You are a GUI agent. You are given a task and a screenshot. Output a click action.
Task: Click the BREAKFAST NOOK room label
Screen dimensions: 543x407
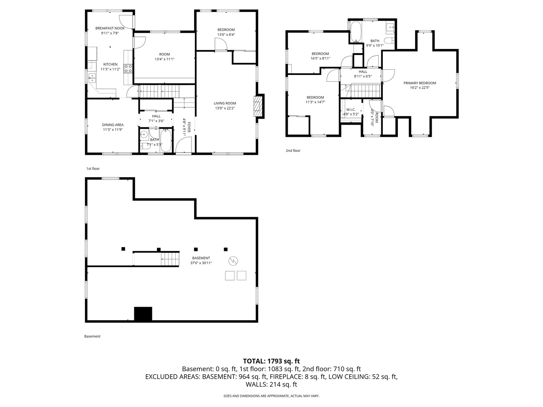(110, 28)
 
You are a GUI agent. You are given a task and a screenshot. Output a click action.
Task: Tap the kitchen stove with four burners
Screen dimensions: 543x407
(128, 68)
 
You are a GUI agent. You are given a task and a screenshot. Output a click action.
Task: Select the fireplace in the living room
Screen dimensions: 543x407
(258, 106)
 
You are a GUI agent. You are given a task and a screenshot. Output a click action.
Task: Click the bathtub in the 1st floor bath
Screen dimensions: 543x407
(166, 141)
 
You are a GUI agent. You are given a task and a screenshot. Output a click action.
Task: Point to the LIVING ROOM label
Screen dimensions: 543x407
(225, 103)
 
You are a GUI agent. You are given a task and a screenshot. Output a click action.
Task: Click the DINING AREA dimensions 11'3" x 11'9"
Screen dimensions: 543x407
(113, 130)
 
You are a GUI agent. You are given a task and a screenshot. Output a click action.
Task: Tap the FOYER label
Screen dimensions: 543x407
(189, 127)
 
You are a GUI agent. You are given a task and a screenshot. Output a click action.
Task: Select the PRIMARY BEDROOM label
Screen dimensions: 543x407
(420, 83)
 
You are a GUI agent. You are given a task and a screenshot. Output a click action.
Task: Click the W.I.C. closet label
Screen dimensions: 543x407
(351, 109)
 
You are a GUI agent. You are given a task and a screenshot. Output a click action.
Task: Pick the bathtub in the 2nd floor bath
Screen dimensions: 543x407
(356, 32)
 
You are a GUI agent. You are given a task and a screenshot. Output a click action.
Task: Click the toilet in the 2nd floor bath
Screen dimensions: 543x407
(390, 40)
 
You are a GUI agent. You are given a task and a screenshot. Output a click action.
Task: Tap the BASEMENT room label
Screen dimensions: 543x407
(201, 258)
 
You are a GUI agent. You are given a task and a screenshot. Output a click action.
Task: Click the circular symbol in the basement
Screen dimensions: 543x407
(233, 261)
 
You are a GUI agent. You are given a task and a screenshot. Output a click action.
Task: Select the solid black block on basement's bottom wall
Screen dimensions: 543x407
(143, 314)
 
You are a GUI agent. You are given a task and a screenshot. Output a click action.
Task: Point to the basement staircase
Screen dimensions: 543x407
(170, 259)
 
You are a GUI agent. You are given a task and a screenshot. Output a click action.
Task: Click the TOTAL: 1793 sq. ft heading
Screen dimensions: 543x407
(271, 361)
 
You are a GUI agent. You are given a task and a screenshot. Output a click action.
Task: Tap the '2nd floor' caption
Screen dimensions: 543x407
(293, 150)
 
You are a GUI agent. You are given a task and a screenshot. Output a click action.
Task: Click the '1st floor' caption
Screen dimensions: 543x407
(93, 168)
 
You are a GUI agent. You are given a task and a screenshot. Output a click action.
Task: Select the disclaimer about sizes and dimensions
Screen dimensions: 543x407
(271, 396)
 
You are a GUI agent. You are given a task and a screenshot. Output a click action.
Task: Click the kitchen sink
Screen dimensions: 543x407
(92, 78)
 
